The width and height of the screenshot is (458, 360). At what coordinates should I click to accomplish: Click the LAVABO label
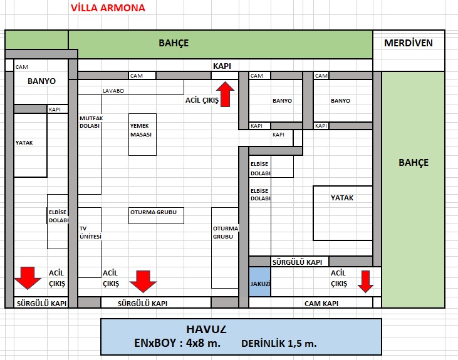click(113, 90)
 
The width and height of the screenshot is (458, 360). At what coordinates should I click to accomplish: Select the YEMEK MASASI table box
click(143, 135)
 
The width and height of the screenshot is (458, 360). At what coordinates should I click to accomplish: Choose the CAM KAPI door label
click(312, 303)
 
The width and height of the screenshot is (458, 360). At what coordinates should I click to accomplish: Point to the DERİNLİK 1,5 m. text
click(279, 344)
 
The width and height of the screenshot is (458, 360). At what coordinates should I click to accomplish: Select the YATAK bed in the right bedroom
click(342, 198)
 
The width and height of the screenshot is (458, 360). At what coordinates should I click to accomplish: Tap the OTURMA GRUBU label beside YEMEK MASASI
click(154, 212)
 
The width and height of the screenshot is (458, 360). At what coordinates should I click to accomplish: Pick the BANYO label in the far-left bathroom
click(42, 81)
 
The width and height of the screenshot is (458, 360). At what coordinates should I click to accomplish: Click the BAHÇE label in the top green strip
click(173, 43)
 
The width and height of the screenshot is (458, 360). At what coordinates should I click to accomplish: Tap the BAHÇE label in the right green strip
click(414, 163)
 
